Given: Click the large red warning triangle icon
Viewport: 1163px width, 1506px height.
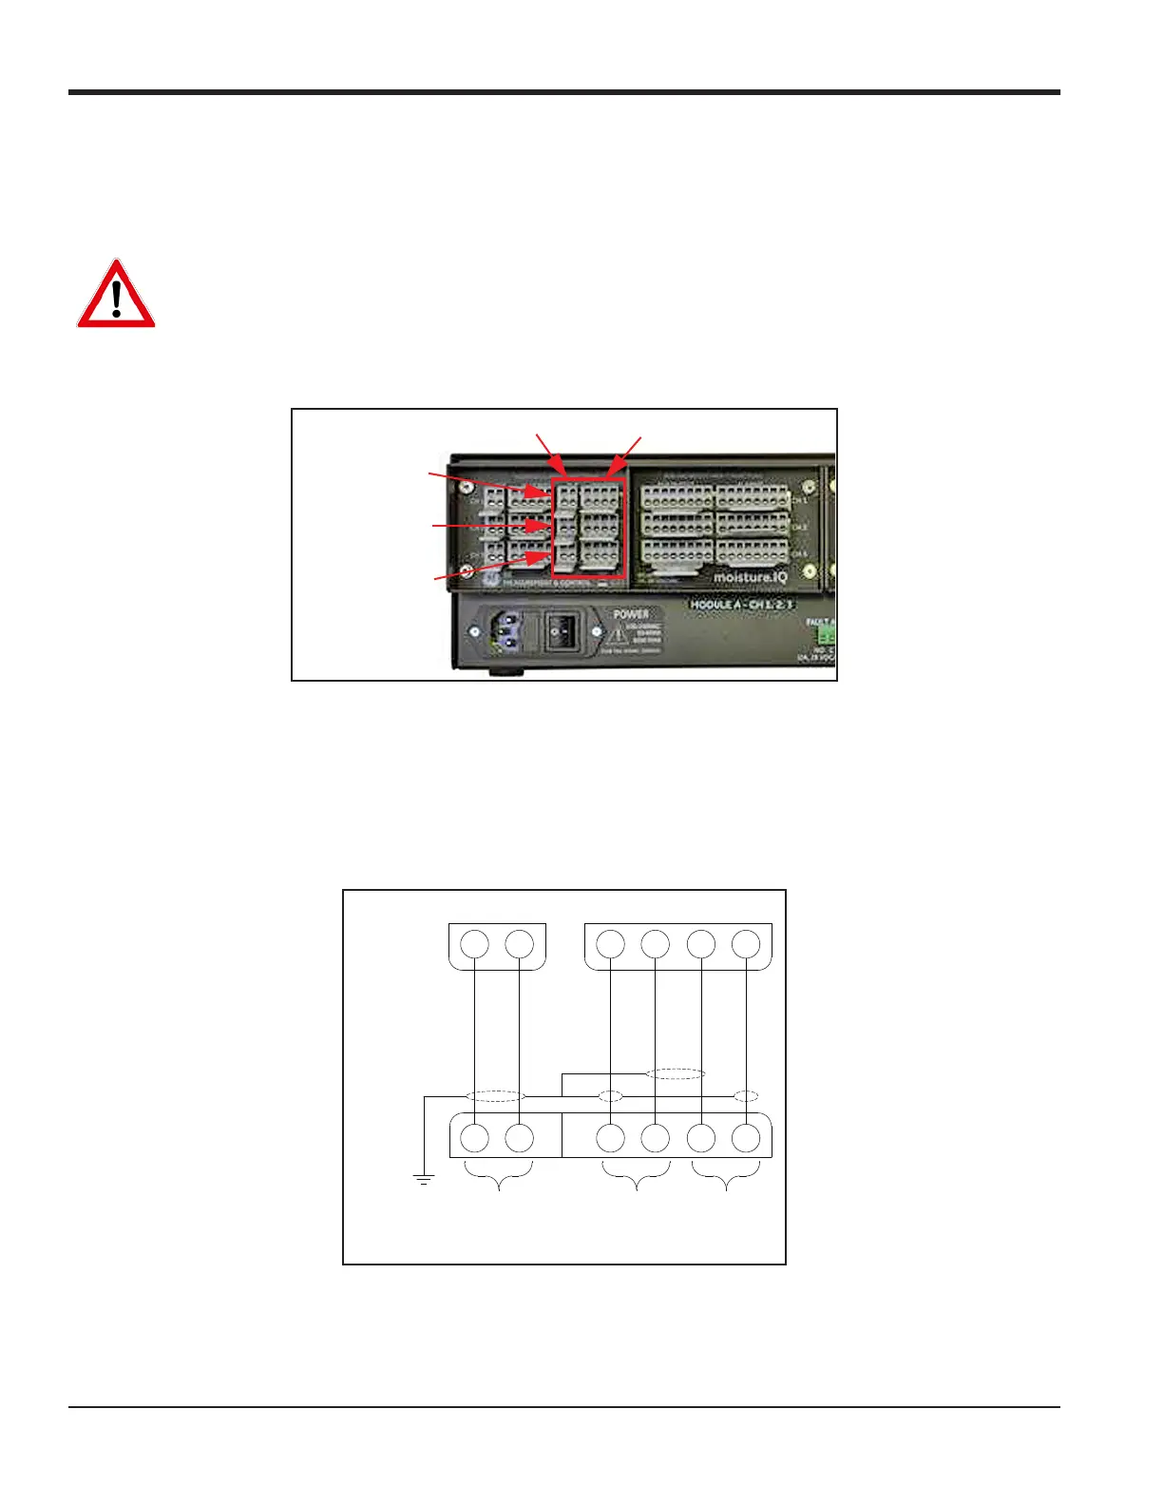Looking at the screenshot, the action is [116, 296].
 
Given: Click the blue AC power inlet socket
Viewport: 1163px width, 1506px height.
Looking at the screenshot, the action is [504, 630].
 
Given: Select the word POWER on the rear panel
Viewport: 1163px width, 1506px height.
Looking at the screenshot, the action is [631, 614].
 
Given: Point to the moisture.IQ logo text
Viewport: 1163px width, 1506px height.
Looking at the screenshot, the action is [750, 576].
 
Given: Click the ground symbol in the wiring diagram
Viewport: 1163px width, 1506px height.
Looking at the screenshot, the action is [423, 1180].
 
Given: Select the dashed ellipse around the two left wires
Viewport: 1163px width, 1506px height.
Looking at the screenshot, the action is [496, 1096].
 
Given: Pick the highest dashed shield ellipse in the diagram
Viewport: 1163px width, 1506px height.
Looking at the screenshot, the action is [676, 1073].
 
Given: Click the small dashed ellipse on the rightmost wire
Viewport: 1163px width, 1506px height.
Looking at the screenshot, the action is [747, 1096].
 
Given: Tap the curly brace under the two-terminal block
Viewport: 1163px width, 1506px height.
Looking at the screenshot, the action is [498, 1176].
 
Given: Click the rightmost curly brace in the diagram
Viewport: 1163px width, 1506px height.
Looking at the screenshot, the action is [726, 1176].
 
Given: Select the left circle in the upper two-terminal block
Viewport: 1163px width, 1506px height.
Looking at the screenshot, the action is [475, 945].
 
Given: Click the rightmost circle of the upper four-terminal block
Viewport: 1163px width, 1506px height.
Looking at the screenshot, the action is [747, 945].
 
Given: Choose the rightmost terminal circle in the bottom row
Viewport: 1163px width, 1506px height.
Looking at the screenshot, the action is [747, 1137].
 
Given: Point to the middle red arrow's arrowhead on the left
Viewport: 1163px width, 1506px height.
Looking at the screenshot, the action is [545, 526].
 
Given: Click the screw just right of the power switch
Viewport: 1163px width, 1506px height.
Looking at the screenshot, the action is [596, 631].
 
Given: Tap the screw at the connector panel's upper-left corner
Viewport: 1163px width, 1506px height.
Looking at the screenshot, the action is [467, 487].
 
